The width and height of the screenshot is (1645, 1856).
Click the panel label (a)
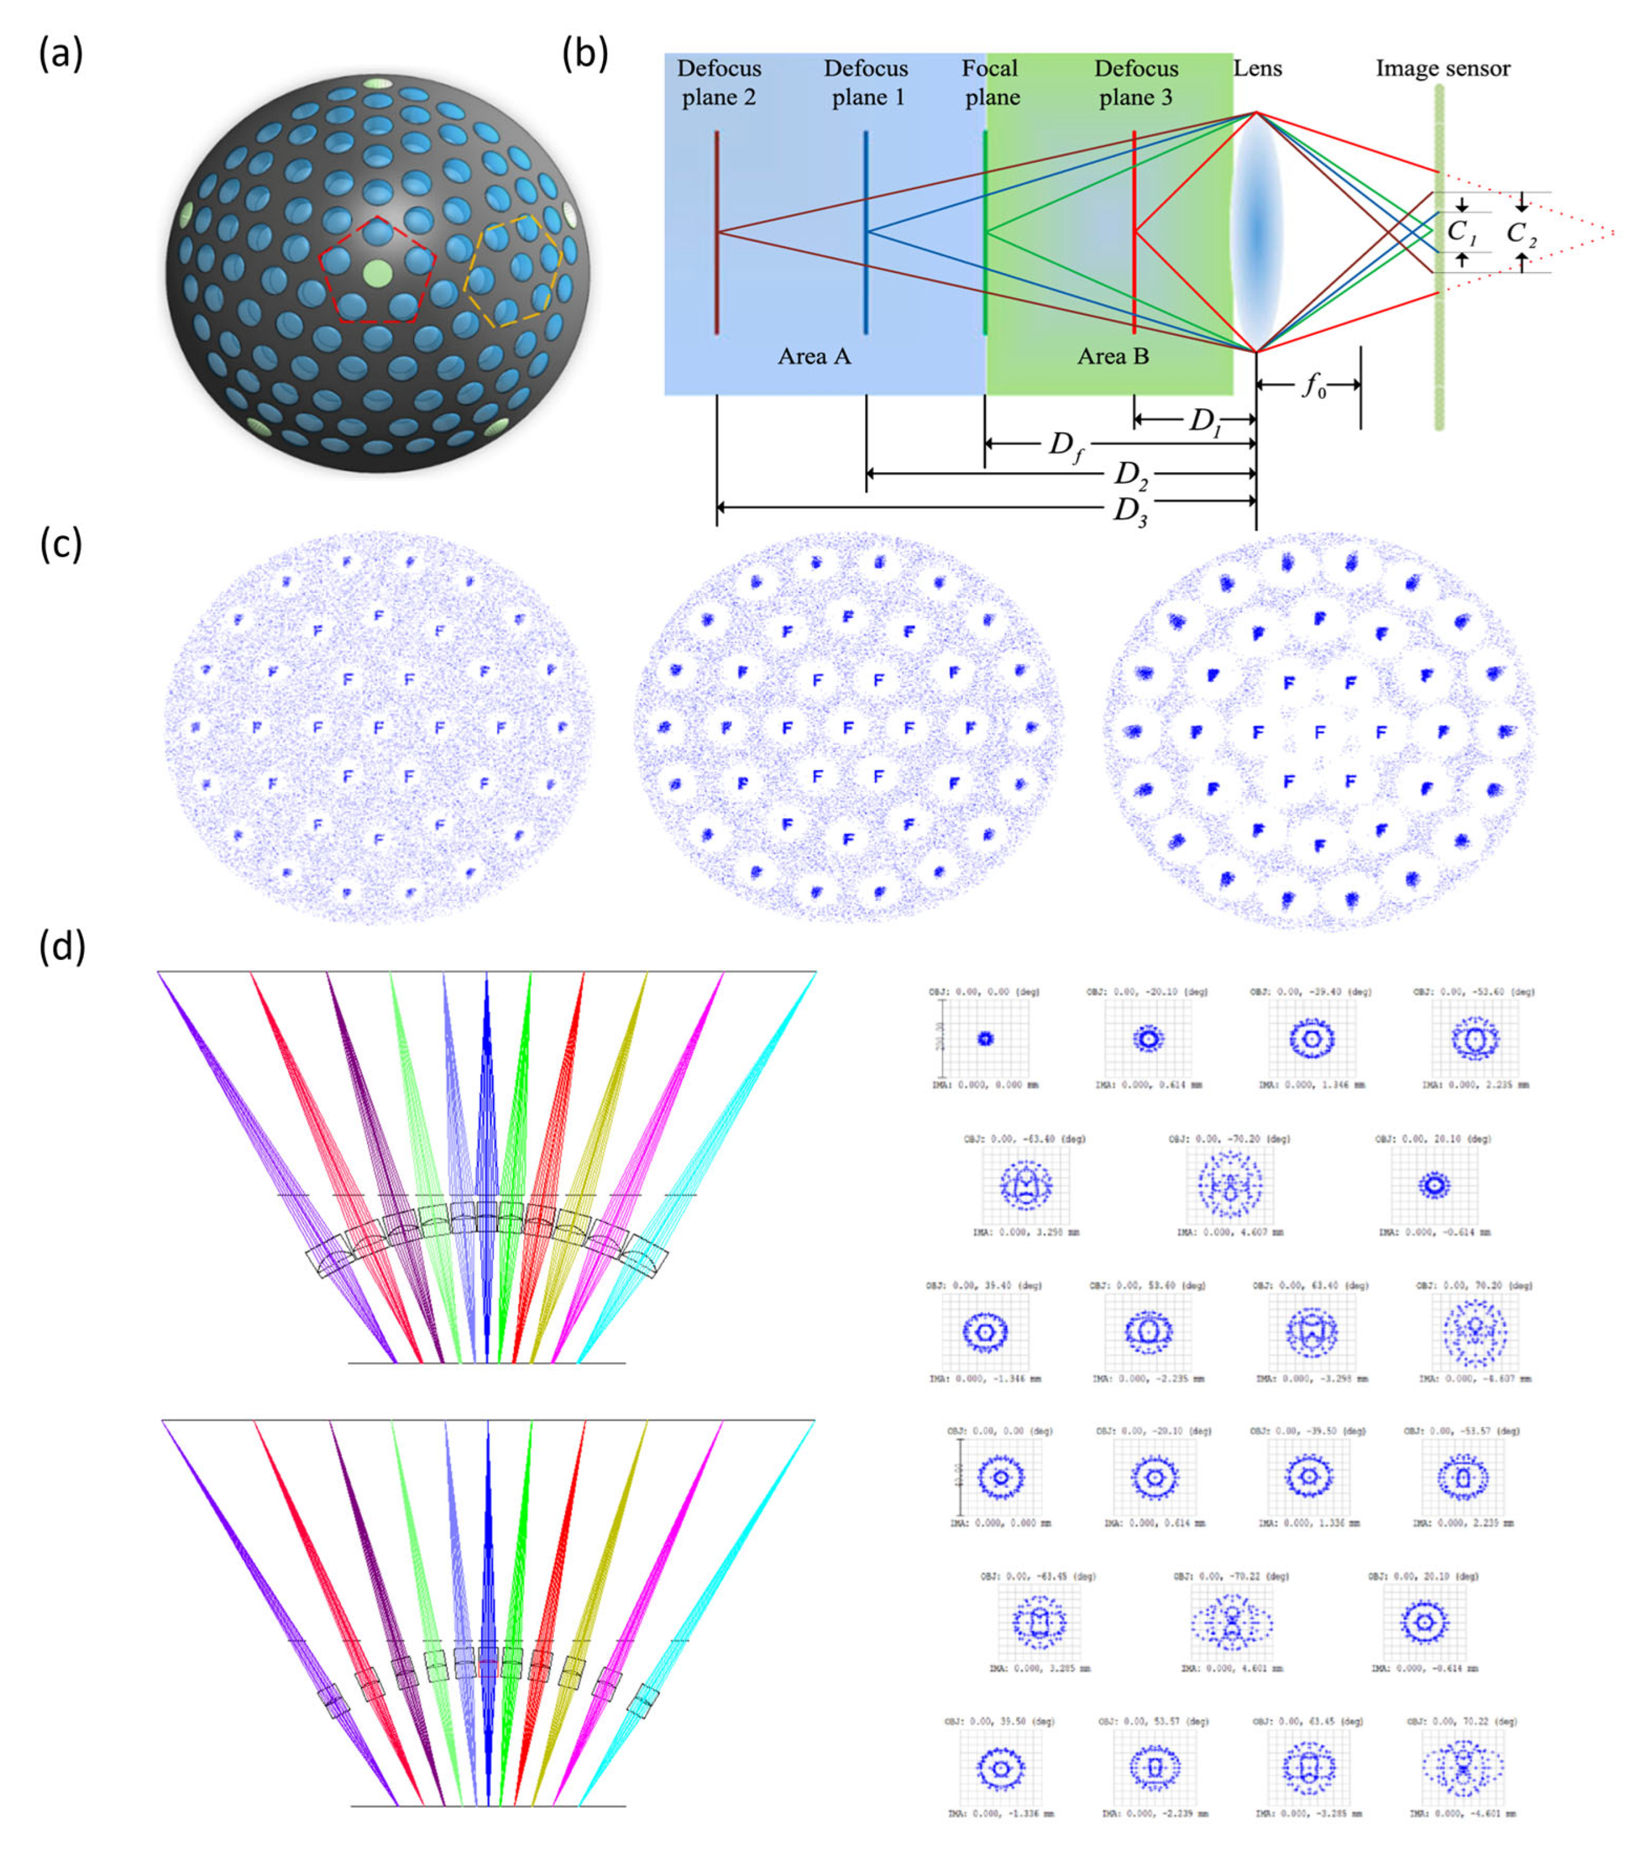tap(60, 55)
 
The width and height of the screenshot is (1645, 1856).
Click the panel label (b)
tap(585, 55)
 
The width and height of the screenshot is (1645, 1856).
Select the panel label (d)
tap(62, 946)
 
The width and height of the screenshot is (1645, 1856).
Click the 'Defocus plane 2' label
tap(718, 83)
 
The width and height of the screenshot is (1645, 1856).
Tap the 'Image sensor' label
tap(1442, 68)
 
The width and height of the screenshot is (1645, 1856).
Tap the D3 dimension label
tap(1130, 510)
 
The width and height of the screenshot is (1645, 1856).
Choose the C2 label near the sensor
tap(1521, 234)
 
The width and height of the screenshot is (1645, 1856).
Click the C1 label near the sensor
tap(1461, 232)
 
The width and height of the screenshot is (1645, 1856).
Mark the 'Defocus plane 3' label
tap(1136, 83)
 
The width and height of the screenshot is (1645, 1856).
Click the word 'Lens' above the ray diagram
tap(1257, 68)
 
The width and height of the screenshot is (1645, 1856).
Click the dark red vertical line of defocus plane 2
tap(717, 273)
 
